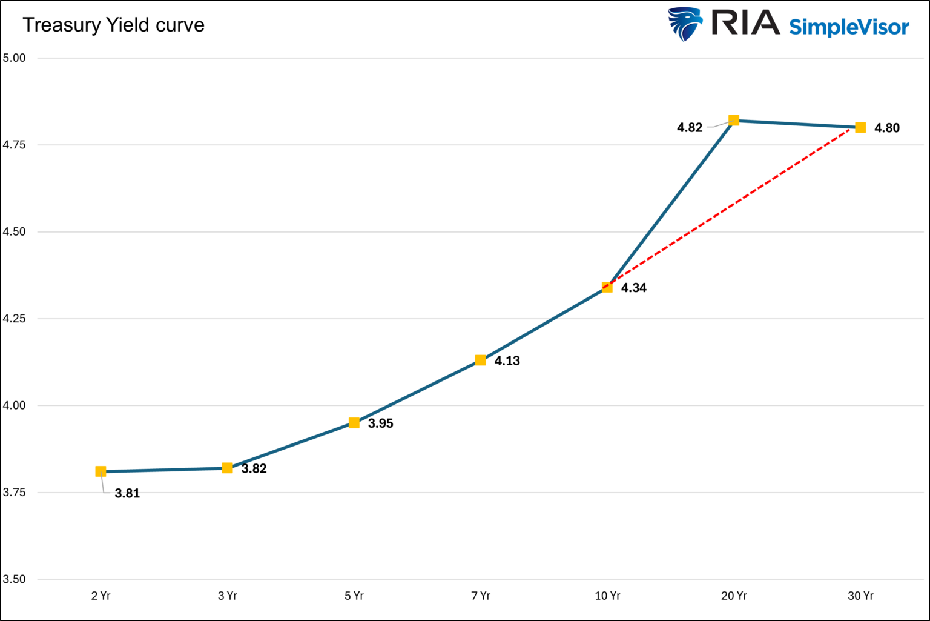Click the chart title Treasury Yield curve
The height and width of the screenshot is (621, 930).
click(x=113, y=25)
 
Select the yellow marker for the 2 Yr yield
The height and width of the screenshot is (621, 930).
click(x=101, y=471)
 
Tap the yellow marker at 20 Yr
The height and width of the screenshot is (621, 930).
click(x=734, y=120)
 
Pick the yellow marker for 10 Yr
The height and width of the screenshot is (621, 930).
click(x=607, y=287)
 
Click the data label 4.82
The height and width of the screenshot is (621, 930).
click(x=690, y=128)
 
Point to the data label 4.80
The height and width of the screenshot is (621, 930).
click(x=886, y=128)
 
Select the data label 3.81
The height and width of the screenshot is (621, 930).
click(x=127, y=493)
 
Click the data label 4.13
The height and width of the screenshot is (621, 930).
click(x=507, y=361)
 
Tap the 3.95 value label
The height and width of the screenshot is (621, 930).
click(x=380, y=423)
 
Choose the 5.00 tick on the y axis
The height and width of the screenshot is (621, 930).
click(x=15, y=58)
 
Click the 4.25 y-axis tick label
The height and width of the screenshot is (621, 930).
click(x=15, y=319)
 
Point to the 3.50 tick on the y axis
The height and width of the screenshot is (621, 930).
click(x=15, y=579)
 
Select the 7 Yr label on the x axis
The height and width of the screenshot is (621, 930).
click(x=481, y=596)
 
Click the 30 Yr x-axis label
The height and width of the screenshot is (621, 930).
click(x=860, y=596)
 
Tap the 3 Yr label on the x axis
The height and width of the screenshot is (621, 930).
click(x=228, y=596)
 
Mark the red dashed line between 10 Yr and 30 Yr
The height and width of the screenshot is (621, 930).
click(x=734, y=207)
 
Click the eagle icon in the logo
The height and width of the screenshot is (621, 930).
click(x=685, y=24)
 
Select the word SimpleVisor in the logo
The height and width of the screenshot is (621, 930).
click(x=849, y=27)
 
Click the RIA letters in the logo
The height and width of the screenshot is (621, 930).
click(x=745, y=23)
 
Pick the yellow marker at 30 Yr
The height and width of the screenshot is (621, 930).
click(x=860, y=127)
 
